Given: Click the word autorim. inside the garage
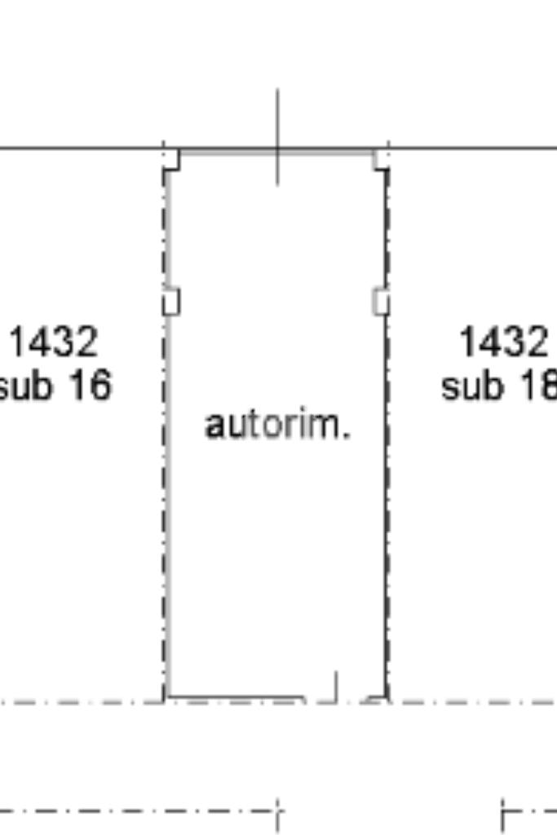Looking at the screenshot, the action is point(277,424).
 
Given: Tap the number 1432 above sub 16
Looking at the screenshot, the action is point(54,342).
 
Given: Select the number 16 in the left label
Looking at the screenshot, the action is point(89,384).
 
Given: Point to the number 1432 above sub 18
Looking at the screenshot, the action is point(504,342).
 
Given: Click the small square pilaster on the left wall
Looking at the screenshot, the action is point(171,302).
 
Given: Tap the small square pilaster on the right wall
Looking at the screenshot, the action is point(381,302).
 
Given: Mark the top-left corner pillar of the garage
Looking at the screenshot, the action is point(171,160).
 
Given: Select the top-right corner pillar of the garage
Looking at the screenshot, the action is point(381,160).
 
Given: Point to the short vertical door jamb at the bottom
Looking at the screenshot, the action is point(336,687).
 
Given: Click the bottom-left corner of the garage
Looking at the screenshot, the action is point(166,699).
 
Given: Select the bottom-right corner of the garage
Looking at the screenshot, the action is point(386,699).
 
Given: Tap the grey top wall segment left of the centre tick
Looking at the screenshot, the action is point(228,152).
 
